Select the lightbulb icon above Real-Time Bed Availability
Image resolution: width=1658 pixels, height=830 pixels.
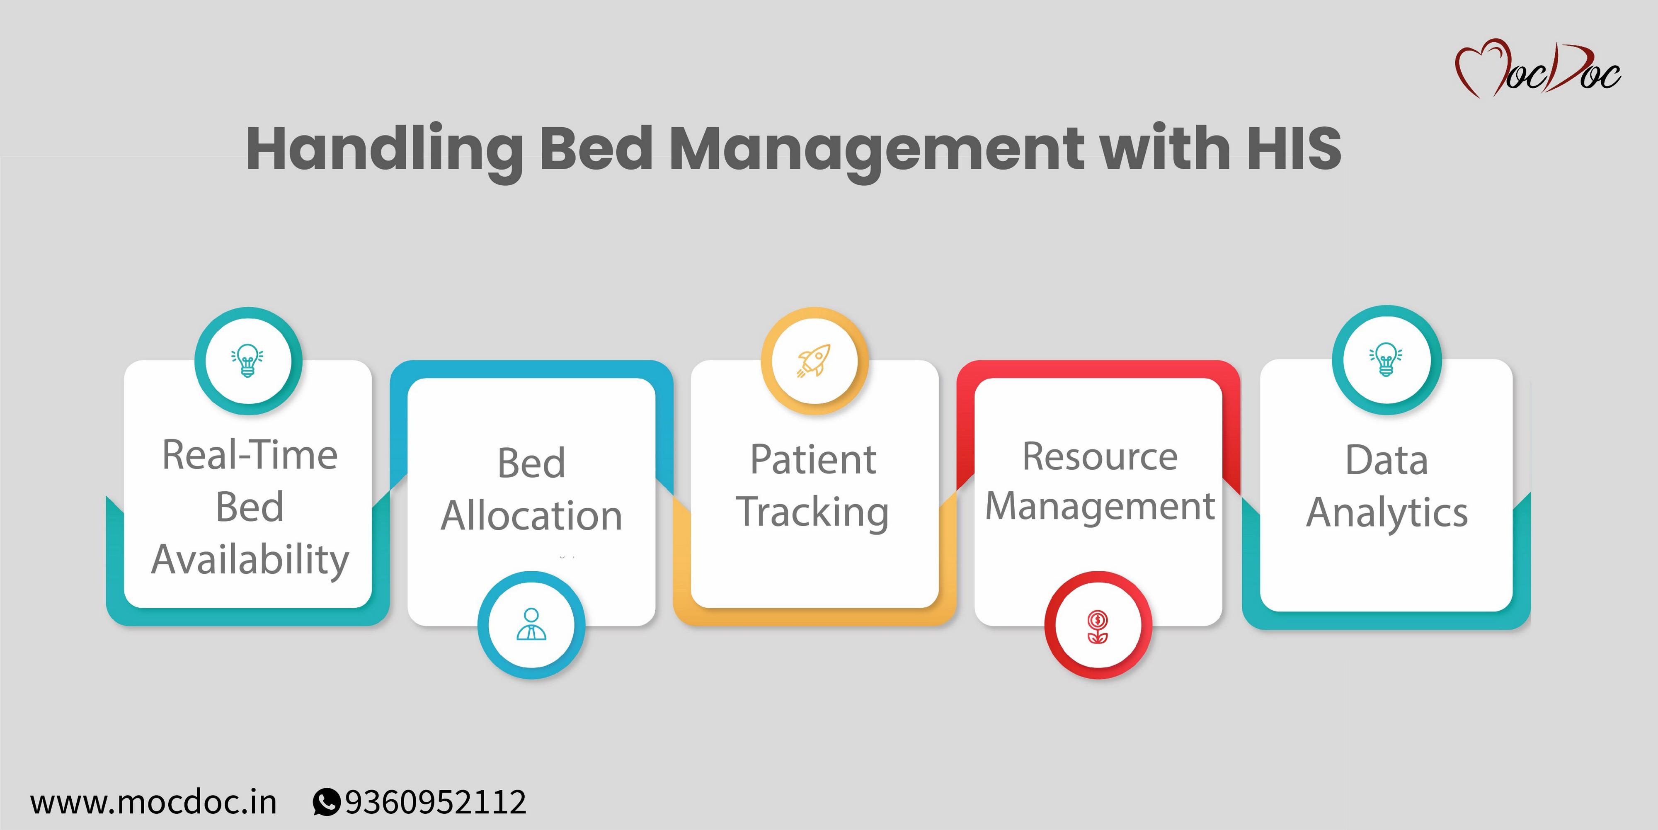[x=248, y=361]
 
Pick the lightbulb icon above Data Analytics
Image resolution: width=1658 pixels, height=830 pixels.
[x=1386, y=359]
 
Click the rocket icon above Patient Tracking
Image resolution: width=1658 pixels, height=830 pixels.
[x=814, y=361]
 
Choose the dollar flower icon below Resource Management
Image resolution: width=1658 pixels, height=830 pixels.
[x=1098, y=626]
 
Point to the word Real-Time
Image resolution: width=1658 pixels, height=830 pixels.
[x=250, y=455]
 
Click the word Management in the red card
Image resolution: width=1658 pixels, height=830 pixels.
[x=1100, y=507]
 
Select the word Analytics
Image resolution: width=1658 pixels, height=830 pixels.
[x=1387, y=513]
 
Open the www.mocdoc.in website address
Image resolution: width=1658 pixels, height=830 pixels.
[x=153, y=802]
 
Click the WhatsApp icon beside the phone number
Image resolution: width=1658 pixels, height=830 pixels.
[x=326, y=802]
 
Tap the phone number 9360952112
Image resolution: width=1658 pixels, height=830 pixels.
[x=436, y=802]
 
